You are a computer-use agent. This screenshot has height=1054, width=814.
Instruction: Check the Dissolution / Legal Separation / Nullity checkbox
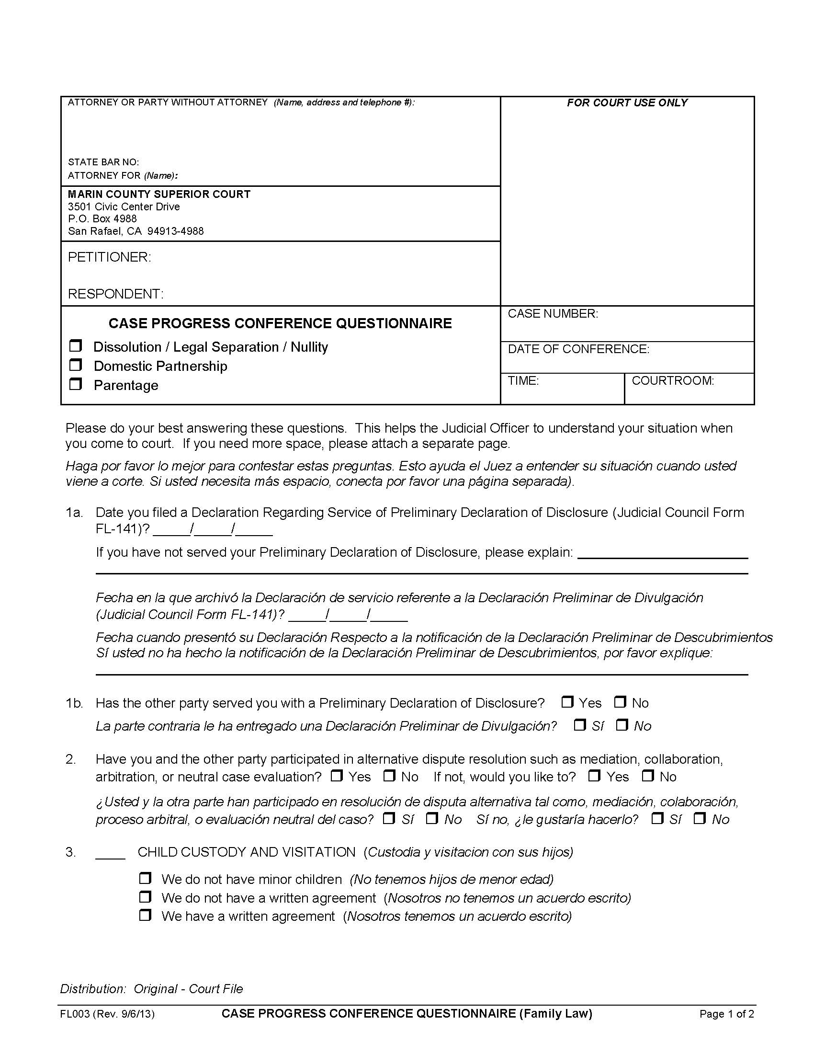76,346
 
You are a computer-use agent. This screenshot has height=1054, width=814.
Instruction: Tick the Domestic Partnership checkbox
76,365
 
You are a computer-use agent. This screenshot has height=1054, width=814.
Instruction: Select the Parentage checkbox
76,384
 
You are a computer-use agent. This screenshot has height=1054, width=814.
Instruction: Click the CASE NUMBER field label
553,314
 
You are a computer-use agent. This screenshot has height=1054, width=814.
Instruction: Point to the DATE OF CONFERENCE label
579,349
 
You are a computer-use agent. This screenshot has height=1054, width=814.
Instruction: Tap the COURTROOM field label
673,381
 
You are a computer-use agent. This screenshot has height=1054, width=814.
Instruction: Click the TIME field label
523,381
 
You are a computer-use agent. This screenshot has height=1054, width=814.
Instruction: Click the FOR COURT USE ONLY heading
627,103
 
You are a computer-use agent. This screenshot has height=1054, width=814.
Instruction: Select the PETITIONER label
110,257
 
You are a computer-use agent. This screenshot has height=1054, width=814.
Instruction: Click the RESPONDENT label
116,294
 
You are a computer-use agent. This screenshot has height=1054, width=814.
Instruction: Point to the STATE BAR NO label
103,162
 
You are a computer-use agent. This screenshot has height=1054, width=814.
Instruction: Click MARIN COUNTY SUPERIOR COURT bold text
159,195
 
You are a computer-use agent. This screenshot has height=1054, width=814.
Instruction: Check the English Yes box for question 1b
567,702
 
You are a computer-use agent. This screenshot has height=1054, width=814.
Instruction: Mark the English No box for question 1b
620,702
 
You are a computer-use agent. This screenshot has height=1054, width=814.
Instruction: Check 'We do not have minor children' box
145,878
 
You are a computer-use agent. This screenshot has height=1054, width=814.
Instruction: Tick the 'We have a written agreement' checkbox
145,915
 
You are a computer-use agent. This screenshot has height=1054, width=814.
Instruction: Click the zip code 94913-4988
176,231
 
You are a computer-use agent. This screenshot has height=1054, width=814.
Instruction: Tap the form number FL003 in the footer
75,1014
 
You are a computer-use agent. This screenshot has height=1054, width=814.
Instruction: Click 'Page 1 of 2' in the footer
726,1014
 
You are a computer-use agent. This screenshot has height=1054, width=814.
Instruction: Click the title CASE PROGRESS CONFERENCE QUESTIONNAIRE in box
280,323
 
